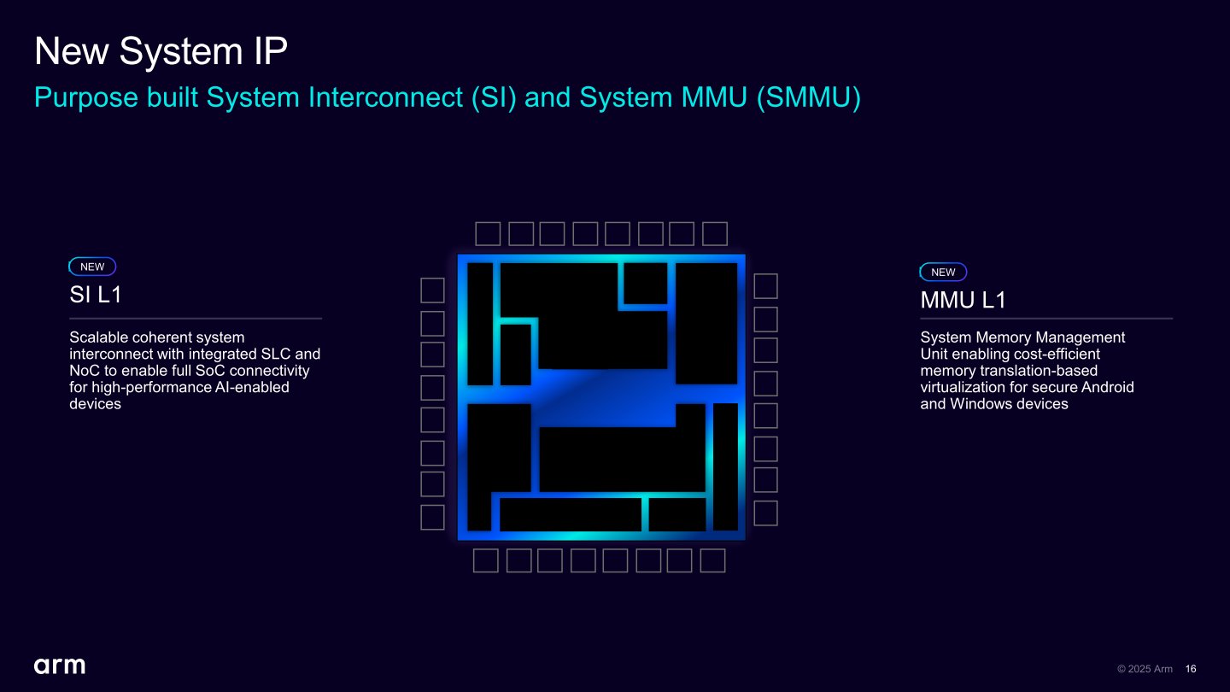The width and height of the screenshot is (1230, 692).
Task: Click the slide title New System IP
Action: click(161, 52)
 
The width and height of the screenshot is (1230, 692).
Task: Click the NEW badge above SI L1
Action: click(92, 267)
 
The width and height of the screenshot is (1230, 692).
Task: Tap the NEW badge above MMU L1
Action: click(943, 272)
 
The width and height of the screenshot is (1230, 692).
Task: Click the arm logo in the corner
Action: click(60, 666)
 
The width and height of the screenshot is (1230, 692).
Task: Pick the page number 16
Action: click(1191, 669)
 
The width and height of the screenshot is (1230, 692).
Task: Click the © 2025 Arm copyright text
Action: click(1145, 669)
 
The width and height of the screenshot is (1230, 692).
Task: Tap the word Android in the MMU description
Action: click(1107, 387)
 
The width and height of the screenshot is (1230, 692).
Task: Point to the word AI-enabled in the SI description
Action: click(249, 387)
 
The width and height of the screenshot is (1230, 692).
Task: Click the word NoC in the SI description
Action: click(85, 371)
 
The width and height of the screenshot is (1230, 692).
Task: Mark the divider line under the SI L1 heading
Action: click(196, 319)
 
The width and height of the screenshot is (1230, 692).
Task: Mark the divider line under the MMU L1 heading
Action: click(1046, 319)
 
